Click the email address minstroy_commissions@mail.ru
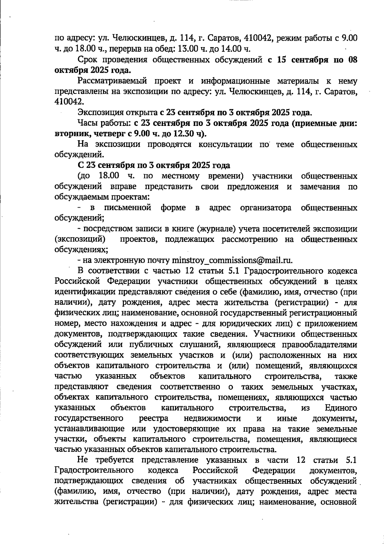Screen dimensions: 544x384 point(232,260)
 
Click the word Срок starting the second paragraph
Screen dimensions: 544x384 point(89,60)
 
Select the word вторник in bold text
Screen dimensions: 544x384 point(69,134)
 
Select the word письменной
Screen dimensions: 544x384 point(128,208)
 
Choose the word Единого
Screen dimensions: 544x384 point(341,408)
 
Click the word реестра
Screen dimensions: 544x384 point(154,418)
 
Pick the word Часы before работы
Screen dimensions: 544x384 point(87,123)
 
